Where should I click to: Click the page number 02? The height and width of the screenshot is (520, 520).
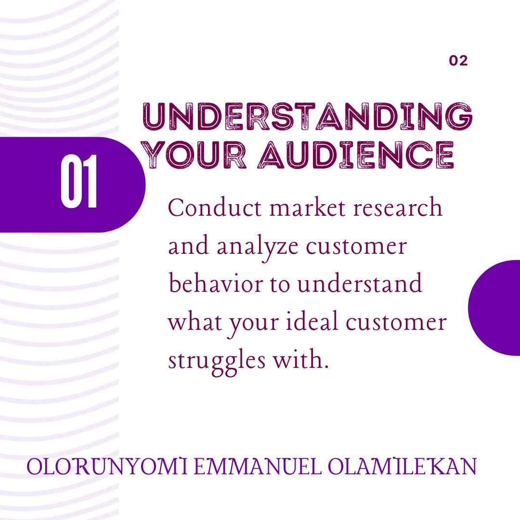458,61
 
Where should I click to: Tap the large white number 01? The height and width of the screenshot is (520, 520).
80,182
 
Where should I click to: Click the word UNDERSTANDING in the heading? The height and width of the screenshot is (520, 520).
307,116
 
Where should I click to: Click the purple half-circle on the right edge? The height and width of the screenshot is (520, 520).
496,308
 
